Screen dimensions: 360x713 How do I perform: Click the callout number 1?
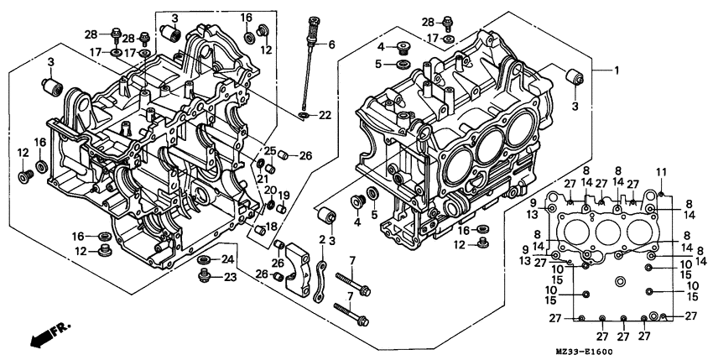pyautogui.click(x=617, y=70)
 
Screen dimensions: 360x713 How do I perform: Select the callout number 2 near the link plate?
pyautogui.click(x=321, y=240)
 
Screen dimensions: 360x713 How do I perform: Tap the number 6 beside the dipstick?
pyautogui.click(x=331, y=44)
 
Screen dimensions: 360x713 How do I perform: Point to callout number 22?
pyautogui.click(x=324, y=114)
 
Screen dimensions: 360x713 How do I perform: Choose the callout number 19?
pyautogui.click(x=284, y=195)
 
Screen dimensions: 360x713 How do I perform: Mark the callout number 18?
pyautogui.click(x=272, y=227)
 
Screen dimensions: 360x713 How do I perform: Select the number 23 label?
pyautogui.click(x=229, y=278)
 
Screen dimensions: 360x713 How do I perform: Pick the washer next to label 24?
pyautogui.click(x=204, y=260)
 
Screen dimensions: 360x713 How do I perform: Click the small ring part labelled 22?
pyautogui.click(x=303, y=114)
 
